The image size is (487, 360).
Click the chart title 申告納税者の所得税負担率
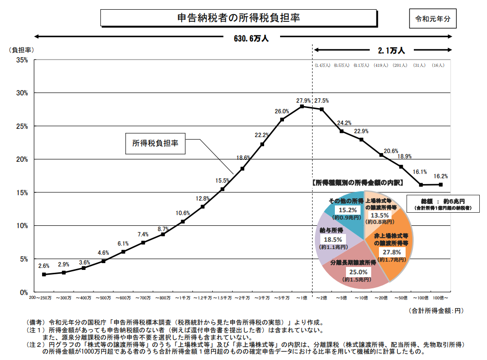[238, 18]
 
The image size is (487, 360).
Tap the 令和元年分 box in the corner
[433, 19]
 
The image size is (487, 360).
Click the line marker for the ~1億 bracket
[302, 106]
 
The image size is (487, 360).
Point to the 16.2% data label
[440, 176]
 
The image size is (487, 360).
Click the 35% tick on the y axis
[22, 60]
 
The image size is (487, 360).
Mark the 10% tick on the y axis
[22, 226]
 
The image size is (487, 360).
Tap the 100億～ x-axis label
[440, 297]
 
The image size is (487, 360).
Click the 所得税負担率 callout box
[156, 143]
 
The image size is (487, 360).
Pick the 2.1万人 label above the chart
[391, 49]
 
